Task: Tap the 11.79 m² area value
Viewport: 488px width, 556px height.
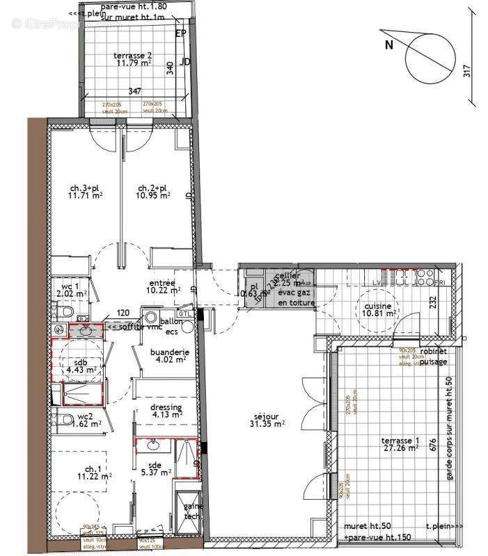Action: [x=134, y=63]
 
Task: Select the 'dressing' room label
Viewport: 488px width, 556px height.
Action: [x=166, y=407]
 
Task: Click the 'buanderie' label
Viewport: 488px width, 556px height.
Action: [x=170, y=352]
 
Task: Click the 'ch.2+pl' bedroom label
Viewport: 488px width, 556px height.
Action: [x=154, y=188]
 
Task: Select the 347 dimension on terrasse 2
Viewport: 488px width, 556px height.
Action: [x=135, y=91]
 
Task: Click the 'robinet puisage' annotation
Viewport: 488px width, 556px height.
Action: [x=433, y=356]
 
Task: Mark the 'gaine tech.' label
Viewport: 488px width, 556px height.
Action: [x=192, y=511]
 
